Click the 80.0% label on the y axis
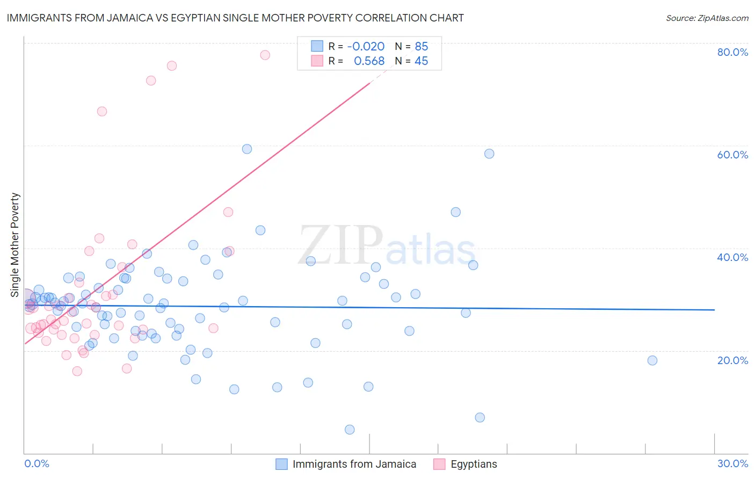pos(732,52)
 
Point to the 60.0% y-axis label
pos(732,155)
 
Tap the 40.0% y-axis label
pos(732,257)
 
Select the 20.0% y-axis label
pos(732,360)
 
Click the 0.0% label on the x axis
pos(37,463)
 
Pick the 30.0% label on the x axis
pos(732,463)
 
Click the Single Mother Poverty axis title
pos(15,245)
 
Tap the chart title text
pos(235,18)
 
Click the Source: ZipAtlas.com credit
pos(707,18)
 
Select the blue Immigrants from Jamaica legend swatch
pos(282,464)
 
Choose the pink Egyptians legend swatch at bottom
pos(439,464)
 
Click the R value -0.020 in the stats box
pos(366,47)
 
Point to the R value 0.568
pos(369,61)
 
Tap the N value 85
pos(422,47)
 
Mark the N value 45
pos(422,61)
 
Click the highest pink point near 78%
pos(265,55)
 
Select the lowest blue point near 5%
pos(350,430)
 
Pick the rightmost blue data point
pos(652,360)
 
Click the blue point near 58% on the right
pos(489,154)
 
